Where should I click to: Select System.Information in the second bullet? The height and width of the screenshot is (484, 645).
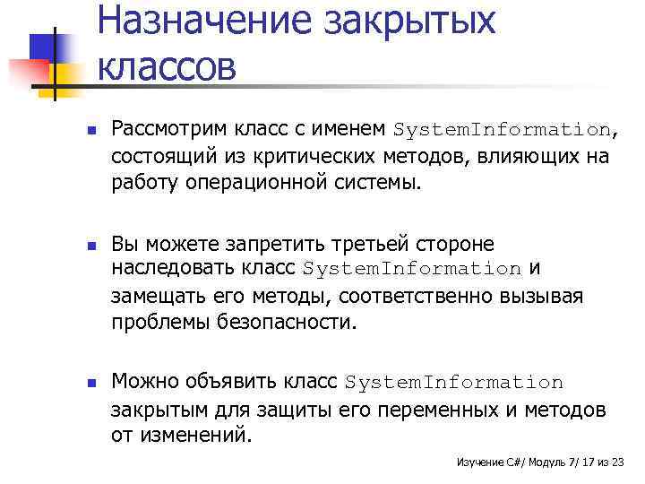tap(413, 269)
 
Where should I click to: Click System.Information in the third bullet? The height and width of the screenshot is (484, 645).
tap(454, 383)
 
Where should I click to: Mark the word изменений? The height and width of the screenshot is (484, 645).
tap(204, 436)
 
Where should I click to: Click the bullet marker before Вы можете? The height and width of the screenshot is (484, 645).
tap(78, 245)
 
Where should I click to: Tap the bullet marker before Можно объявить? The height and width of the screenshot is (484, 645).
tap(78, 383)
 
